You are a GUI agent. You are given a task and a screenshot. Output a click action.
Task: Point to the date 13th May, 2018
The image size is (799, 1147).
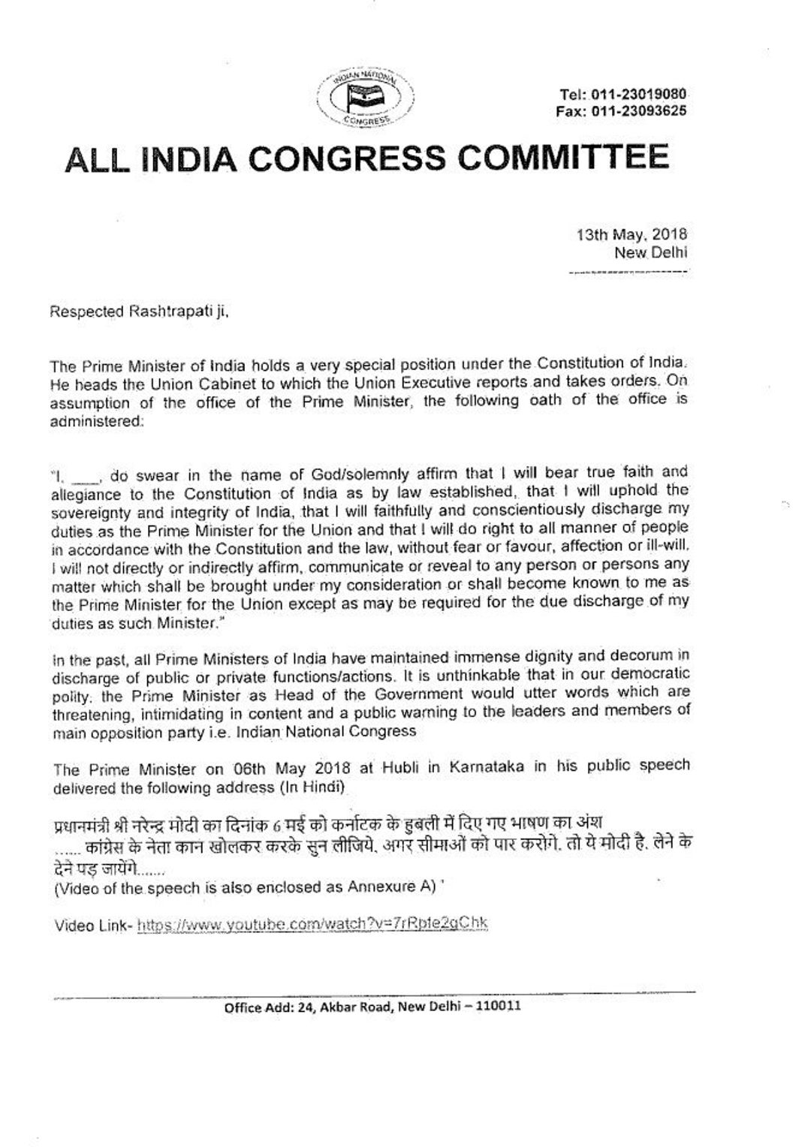632,236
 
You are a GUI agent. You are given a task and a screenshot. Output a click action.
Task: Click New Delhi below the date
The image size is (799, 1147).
650,253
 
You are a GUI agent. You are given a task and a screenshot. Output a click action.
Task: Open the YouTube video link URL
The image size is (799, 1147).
315,925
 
